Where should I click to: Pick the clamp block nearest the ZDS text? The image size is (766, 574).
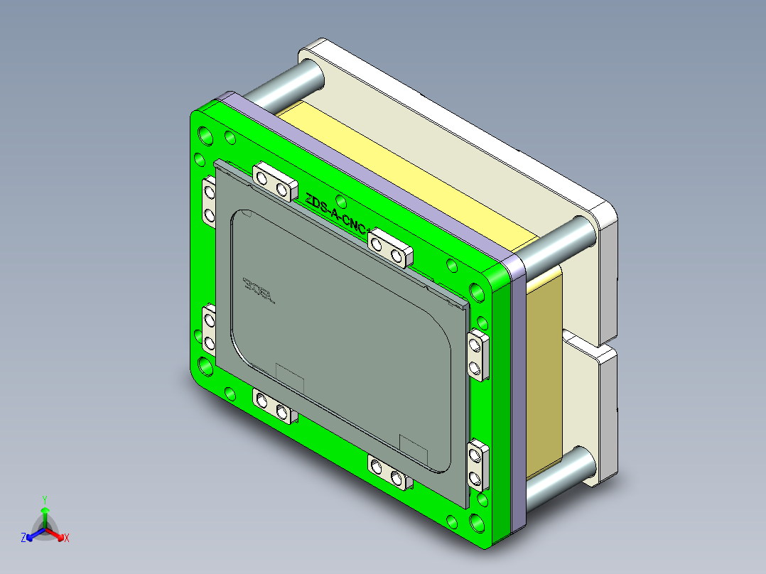point(274,180)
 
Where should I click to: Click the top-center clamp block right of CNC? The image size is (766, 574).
point(389,247)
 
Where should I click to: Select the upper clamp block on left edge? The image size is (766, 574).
point(209,202)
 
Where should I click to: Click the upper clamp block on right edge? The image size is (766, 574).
point(478,354)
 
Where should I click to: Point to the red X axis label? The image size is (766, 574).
point(67,538)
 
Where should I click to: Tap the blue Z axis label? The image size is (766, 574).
point(23,538)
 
